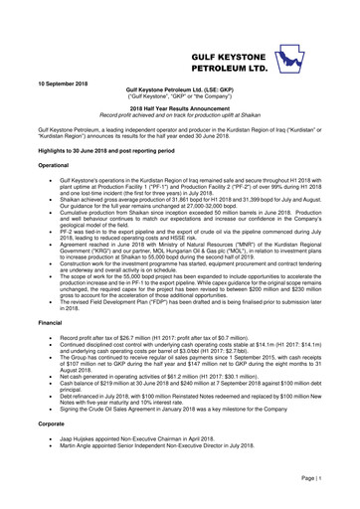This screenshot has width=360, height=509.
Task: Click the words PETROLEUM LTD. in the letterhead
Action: [x=242, y=61]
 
